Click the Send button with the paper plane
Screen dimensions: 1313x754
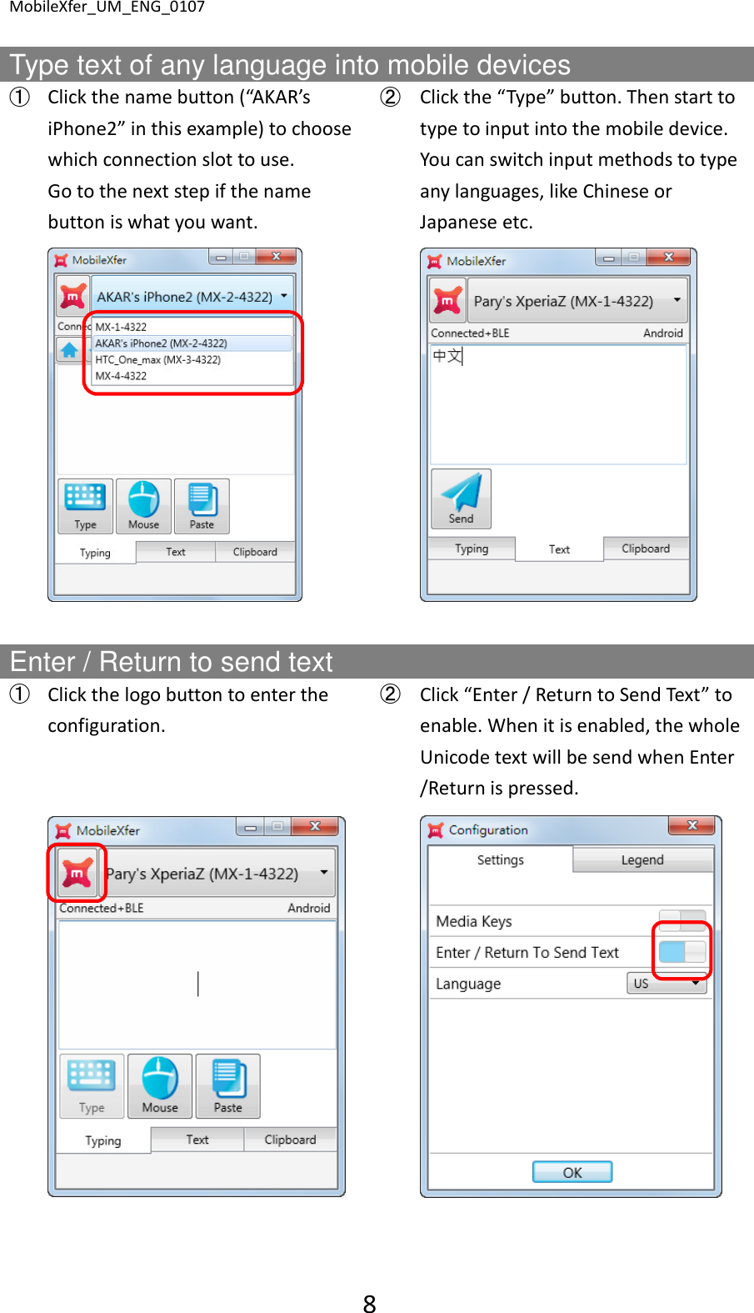coord(461,499)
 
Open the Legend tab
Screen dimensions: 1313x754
coord(642,859)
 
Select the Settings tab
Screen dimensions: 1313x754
coord(500,859)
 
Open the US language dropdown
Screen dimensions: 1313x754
coord(667,984)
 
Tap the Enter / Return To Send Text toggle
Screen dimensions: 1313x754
coord(682,952)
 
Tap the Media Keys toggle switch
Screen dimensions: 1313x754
coord(682,920)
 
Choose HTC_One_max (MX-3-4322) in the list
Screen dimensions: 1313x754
coord(158,360)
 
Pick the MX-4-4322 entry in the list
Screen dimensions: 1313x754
coord(121,376)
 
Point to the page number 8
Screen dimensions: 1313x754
coord(369,1303)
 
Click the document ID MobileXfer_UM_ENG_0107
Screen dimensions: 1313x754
coord(107,8)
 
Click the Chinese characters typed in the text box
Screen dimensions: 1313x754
coord(447,356)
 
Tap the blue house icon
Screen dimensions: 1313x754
coord(69,350)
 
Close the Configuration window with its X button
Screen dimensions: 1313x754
coord(692,825)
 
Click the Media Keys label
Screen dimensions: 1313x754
coord(473,921)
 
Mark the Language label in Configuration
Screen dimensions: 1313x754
coord(468,984)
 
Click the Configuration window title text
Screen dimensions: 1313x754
coord(488,830)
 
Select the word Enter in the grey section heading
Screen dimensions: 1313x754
coord(42,662)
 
